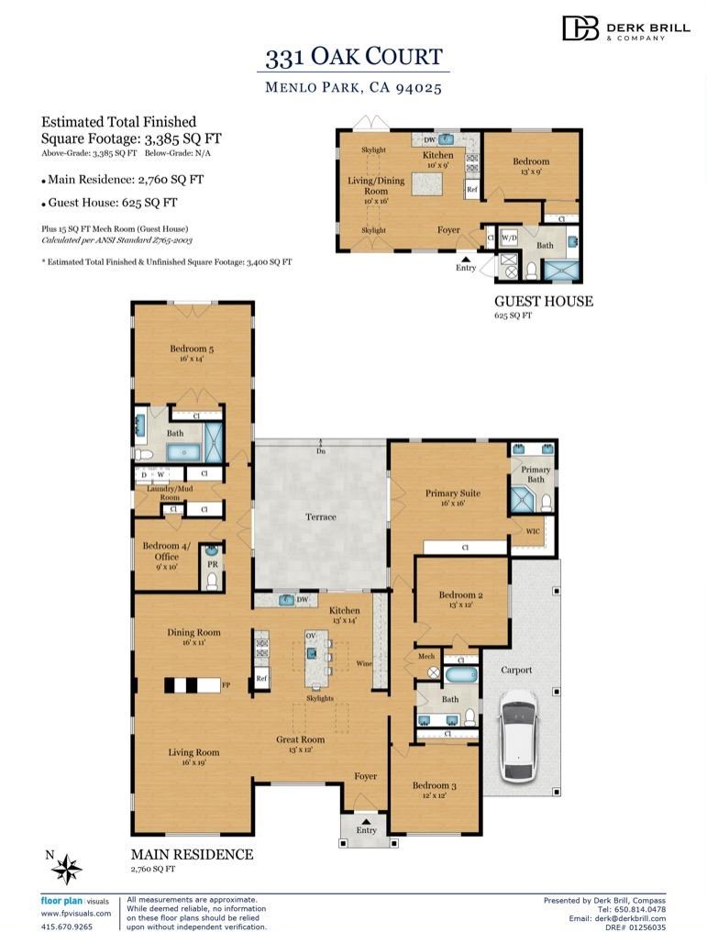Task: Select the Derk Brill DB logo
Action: (580, 28)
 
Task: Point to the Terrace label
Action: (321, 517)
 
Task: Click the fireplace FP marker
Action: (226, 684)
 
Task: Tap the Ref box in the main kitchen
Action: (261, 679)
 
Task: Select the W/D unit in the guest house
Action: (509, 239)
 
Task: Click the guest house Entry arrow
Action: (466, 259)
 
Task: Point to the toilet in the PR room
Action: (212, 582)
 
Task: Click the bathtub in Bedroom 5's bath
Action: (183, 453)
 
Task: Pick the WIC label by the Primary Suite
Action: (533, 531)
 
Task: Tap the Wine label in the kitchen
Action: (364, 663)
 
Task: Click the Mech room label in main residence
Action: (426, 656)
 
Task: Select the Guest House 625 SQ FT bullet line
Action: (109, 203)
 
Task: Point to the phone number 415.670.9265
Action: (67, 926)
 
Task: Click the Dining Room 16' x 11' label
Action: (193, 638)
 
